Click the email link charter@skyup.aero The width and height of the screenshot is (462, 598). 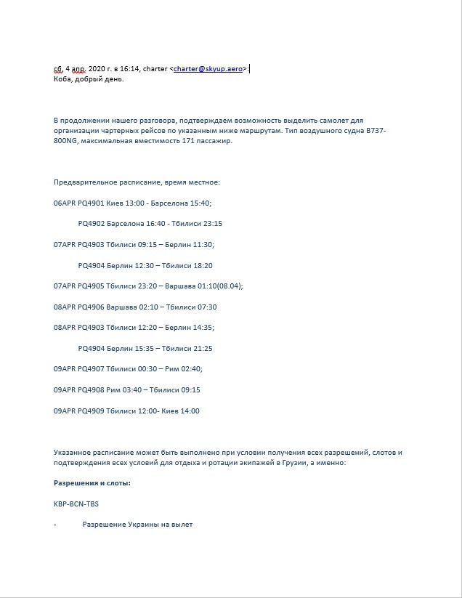(208, 69)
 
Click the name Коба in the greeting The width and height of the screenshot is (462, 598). (63, 79)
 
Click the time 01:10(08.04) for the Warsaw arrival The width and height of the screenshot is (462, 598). (219, 286)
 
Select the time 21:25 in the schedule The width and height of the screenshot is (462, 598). (201, 349)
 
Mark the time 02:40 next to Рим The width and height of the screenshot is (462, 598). (190, 369)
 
